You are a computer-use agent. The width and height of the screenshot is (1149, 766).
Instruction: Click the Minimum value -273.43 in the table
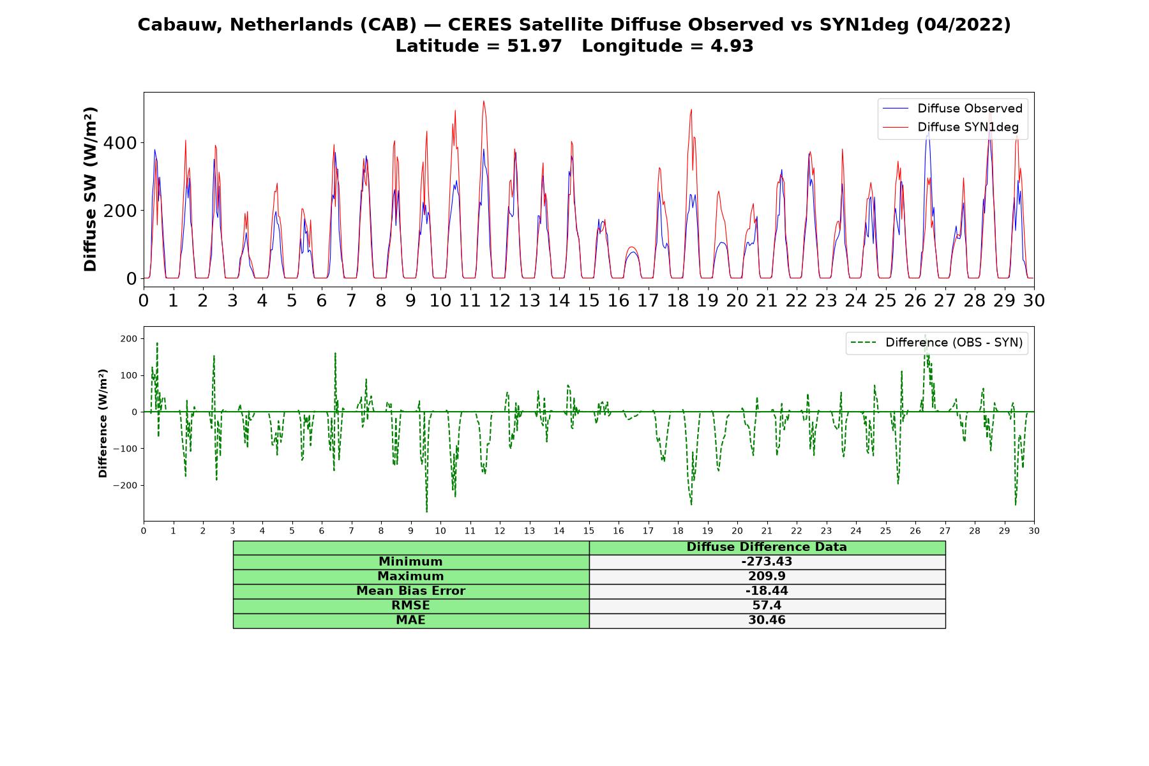pos(767,562)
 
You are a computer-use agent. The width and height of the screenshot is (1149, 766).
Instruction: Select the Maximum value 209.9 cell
pos(767,576)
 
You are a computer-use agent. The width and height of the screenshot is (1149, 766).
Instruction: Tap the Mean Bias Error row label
pos(410,591)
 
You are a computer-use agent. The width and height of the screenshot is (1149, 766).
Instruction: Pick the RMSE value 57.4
pos(767,606)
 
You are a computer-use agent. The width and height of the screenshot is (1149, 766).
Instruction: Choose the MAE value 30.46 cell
pos(767,620)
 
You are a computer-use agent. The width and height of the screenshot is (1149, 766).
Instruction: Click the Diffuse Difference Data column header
pos(767,547)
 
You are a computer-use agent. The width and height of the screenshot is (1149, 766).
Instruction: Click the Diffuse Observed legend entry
pos(952,109)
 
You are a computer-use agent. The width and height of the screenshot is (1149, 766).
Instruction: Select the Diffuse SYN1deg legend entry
pos(950,127)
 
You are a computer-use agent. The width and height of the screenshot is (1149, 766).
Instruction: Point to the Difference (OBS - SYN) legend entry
pos(936,343)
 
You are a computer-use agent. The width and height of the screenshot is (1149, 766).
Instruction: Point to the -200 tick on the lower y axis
pos(126,485)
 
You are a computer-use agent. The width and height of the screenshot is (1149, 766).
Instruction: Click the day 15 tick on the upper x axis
pos(589,300)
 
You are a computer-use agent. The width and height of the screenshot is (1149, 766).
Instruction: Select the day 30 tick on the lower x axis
pos(1034,530)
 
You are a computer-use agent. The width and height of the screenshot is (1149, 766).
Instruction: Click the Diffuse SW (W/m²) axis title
pos(91,190)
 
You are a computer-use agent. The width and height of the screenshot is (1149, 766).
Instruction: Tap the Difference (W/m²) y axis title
pos(103,423)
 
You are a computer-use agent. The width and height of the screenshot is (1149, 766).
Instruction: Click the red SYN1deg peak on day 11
pos(484,101)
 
